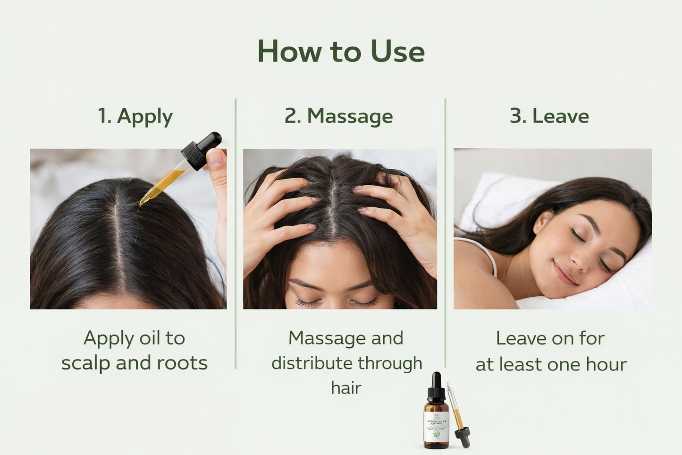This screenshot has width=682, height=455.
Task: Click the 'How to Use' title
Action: pyautogui.click(x=341, y=52)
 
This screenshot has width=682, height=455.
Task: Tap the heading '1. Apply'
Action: pyautogui.click(x=135, y=116)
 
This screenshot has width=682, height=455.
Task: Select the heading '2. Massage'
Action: pyautogui.click(x=338, y=116)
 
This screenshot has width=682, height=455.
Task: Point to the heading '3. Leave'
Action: pyautogui.click(x=549, y=116)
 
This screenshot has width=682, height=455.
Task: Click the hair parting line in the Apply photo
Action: pyautogui.click(x=118, y=236)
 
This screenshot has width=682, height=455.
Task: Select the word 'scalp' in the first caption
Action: pyautogui.click(x=86, y=363)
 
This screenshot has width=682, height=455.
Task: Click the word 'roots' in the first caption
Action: pyautogui.click(x=182, y=363)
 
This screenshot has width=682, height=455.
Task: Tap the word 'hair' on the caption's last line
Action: pyautogui.click(x=346, y=388)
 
